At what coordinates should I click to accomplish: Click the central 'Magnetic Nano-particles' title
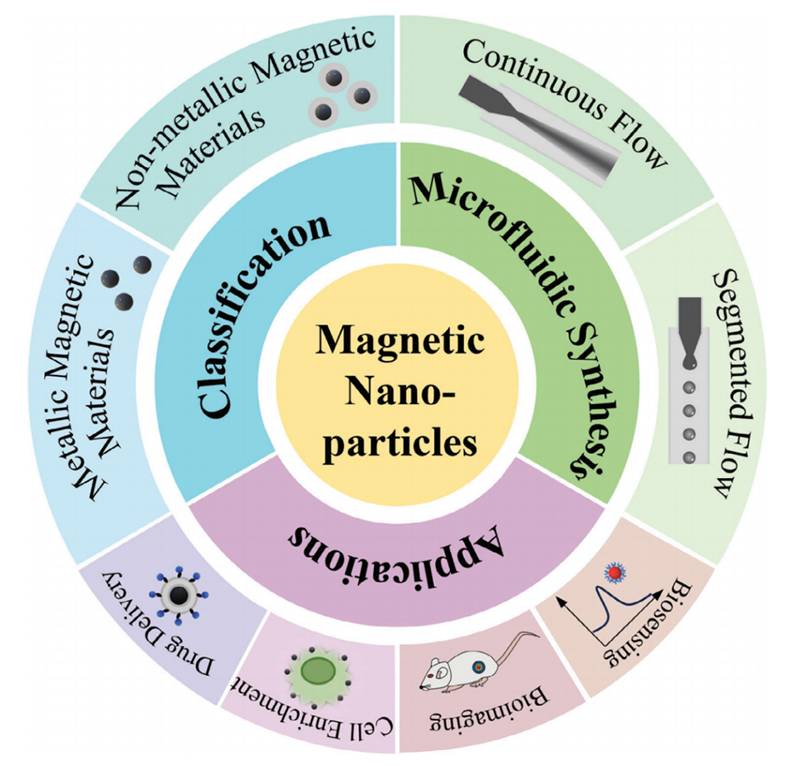coord(397,390)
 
